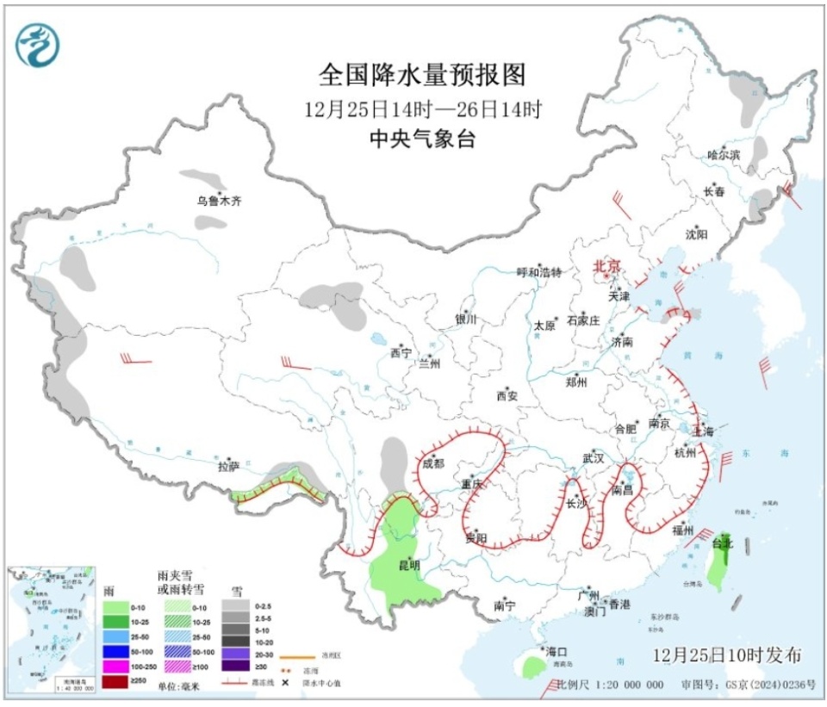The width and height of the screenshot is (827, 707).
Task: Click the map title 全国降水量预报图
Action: coord(421,76)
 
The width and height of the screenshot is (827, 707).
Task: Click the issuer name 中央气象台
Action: coord(421,140)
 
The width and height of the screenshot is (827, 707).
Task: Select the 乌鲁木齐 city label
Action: coord(219,202)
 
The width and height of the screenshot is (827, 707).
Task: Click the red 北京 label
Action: coord(606,267)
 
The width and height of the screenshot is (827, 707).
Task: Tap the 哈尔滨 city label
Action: coord(724,155)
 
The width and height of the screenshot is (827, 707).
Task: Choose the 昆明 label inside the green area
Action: coord(409,566)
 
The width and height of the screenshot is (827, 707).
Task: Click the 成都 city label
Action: coord(433,463)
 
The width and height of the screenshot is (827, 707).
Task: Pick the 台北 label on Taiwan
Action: coord(722,543)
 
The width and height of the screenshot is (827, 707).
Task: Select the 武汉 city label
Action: coord(594,457)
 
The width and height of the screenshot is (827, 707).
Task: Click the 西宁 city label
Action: coord(401,352)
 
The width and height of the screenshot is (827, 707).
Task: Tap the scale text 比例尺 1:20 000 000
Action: coord(609,685)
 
